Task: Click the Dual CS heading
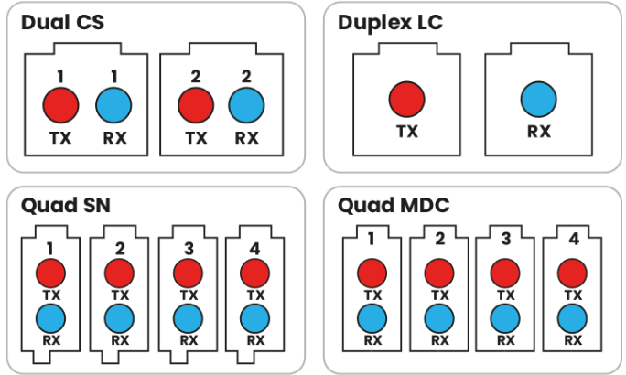click(x=62, y=22)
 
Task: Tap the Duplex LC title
click(x=390, y=23)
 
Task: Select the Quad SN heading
click(x=66, y=205)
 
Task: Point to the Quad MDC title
click(x=394, y=205)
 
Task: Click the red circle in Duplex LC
click(x=407, y=100)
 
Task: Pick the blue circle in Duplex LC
click(x=538, y=100)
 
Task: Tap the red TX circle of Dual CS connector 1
click(x=60, y=105)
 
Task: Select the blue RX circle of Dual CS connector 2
click(x=246, y=105)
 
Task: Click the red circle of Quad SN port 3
click(x=188, y=273)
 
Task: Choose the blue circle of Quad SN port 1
click(x=50, y=318)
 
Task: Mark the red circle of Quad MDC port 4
click(x=572, y=273)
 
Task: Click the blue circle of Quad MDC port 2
click(x=439, y=318)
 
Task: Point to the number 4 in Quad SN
click(x=254, y=249)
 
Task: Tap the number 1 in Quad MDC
click(x=372, y=239)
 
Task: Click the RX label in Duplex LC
click(x=539, y=132)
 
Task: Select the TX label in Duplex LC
click(x=407, y=132)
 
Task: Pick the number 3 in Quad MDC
click(x=506, y=239)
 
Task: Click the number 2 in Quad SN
click(x=120, y=249)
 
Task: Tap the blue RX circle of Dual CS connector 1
click(x=113, y=105)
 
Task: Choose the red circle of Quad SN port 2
click(x=119, y=273)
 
